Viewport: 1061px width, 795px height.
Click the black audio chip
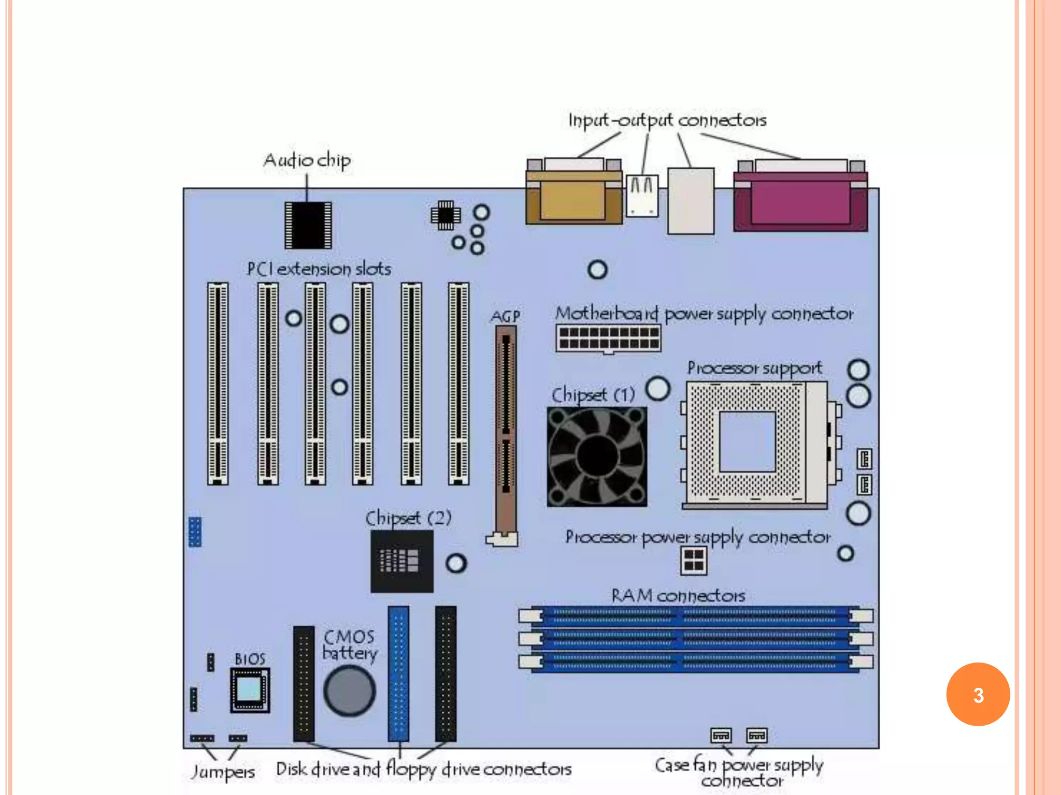[308, 225]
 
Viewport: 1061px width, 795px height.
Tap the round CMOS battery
[350, 691]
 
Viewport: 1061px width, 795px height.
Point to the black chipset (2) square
[402, 561]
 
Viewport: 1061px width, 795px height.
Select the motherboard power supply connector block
[608, 338]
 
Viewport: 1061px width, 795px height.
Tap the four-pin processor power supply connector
[693, 560]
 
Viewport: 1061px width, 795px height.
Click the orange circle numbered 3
[978, 695]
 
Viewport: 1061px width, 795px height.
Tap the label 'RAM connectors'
[678, 596]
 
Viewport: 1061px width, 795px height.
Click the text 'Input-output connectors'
[667, 121]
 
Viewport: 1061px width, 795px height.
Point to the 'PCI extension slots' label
[319, 269]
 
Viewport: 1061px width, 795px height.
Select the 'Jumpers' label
[223, 772]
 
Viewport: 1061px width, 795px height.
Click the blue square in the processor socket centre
[747, 441]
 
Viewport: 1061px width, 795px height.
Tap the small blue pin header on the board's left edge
[195, 532]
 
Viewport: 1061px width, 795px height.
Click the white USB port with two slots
[642, 196]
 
